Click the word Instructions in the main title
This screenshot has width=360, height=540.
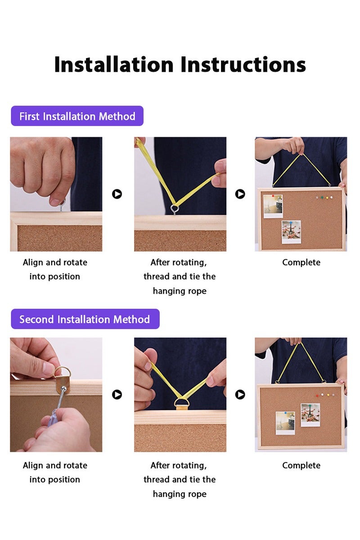(x=243, y=64)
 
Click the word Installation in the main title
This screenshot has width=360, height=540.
(x=114, y=64)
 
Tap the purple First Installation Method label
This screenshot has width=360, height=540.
(x=77, y=116)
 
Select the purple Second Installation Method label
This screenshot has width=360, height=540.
(x=85, y=319)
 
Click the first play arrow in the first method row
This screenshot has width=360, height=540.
(x=117, y=194)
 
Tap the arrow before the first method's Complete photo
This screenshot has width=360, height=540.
(x=240, y=194)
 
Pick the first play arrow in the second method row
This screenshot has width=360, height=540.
(x=117, y=395)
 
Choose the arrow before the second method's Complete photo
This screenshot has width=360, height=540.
(x=240, y=395)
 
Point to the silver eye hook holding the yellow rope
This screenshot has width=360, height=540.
(x=175, y=209)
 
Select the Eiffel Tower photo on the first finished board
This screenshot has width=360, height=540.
(x=291, y=232)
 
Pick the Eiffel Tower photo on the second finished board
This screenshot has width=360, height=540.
(x=310, y=415)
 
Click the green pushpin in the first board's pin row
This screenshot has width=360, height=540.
(x=322, y=198)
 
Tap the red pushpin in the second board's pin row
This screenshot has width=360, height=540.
(x=317, y=396)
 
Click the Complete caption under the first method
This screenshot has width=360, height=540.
(x=301, y=262)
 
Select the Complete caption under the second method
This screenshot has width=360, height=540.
(x=301, y=465)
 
